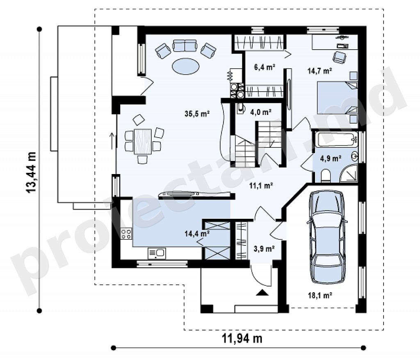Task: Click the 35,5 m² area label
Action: tap(197, 114)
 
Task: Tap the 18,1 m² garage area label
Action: tap(320, 296)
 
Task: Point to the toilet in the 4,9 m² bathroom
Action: tap(326, 176)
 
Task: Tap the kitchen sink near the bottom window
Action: tap(157, 253)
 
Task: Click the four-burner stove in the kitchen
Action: tap(126, 234)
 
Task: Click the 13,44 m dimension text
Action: tap(31, 172)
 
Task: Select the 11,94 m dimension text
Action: tap(242, 339)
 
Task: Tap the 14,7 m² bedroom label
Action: tap(320, 71)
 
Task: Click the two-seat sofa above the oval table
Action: tap(185, 45)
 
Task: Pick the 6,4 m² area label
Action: tap(265, 67)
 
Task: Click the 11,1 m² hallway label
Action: tap(261, 185)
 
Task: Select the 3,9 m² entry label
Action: tap(264, 249)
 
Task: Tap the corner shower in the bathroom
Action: tap(349, 174)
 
